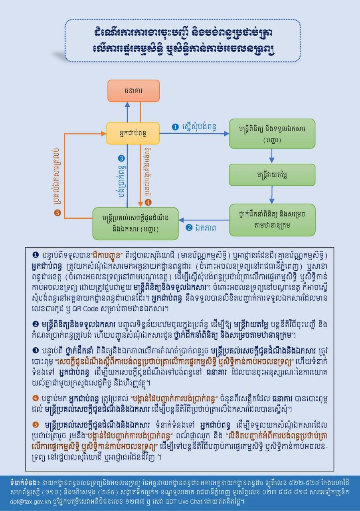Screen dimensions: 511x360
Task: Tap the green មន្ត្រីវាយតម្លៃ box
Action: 272,174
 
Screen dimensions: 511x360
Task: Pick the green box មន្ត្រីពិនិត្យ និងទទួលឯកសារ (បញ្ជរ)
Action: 272,134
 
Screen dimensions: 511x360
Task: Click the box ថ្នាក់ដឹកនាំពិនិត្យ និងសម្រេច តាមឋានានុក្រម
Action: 272,220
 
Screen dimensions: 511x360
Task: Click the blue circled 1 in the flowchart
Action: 174,127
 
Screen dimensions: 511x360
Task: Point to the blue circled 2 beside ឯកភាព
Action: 189,228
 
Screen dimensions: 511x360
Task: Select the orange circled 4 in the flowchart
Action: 148,202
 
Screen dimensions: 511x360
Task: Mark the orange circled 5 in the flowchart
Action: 57,213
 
